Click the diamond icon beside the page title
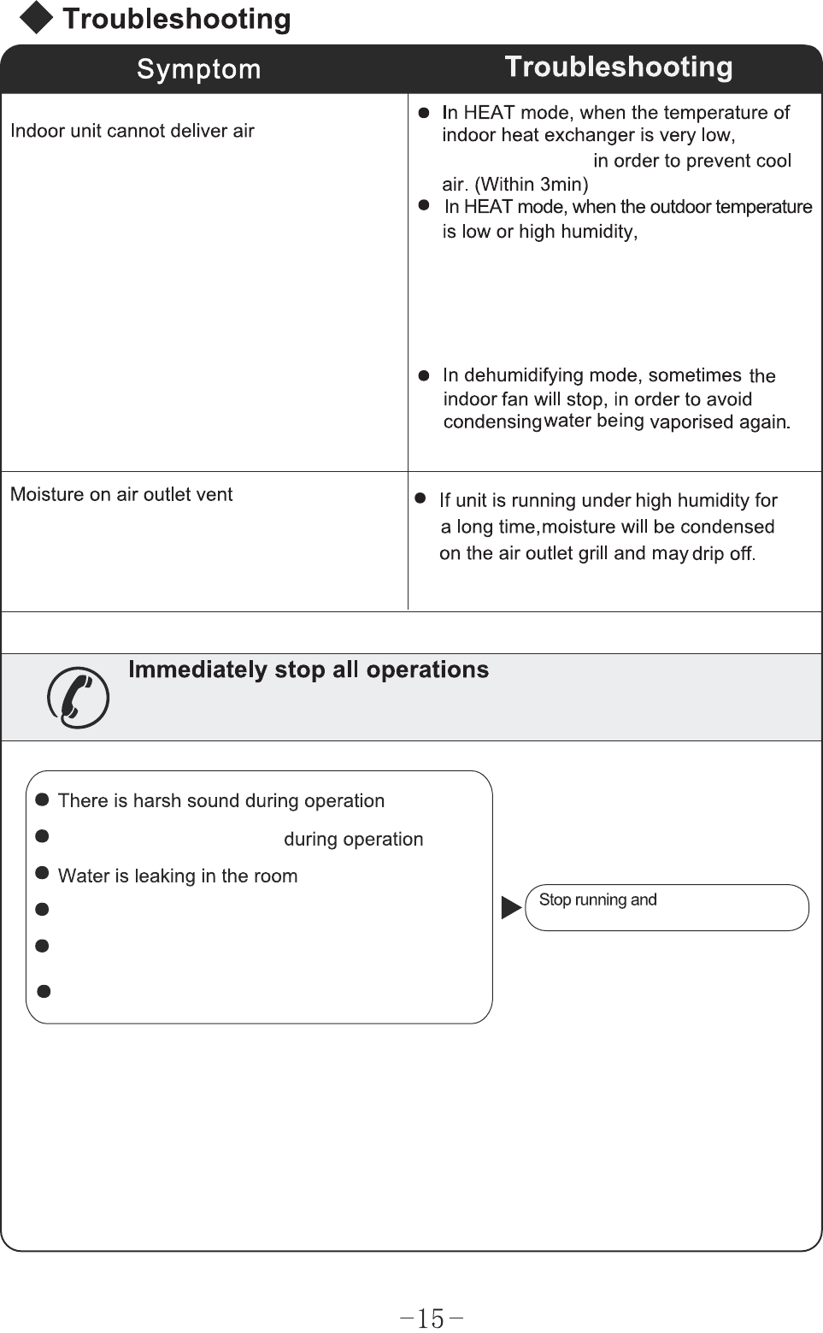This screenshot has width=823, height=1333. (36, 18)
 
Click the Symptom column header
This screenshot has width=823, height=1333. (198, 69)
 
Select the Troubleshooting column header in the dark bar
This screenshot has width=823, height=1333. (618, 67)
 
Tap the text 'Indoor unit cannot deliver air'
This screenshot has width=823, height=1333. (132, 131)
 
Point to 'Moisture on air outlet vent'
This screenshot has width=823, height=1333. (121, 494)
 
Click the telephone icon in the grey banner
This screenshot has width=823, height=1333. (78, 698)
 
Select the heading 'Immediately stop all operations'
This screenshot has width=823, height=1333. (308, 669)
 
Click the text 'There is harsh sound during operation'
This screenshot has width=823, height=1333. (220, 801)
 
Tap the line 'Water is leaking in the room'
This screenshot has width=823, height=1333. (178, 876)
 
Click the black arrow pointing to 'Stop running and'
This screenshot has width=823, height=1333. (511, 907)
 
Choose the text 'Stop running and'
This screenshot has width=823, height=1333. (597, 899)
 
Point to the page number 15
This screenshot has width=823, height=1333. (432, 1318)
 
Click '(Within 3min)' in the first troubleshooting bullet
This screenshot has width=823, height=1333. (531, 185)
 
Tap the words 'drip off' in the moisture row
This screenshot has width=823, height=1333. (722, 554)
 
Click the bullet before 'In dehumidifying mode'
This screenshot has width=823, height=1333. (423, 375)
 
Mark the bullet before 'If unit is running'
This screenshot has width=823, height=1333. (420, 498)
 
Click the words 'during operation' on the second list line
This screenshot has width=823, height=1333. (353, 840)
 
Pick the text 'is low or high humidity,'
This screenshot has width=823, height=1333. (540, 232)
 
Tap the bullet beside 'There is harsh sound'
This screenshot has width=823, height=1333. (41, 800)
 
